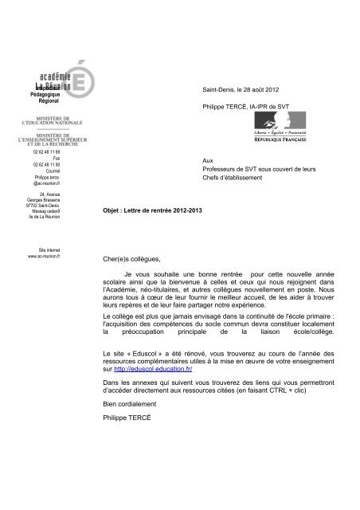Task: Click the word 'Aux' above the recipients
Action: (x=209, y=162)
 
